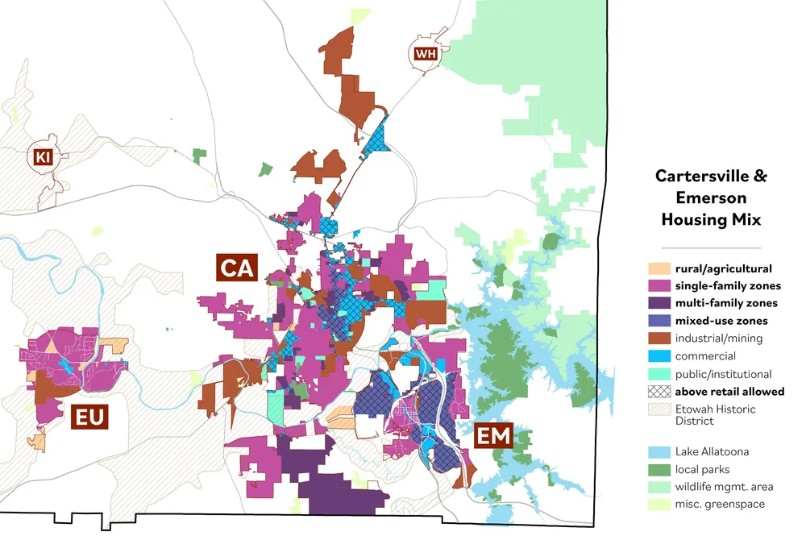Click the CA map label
(235, 268)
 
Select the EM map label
(492, 436)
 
